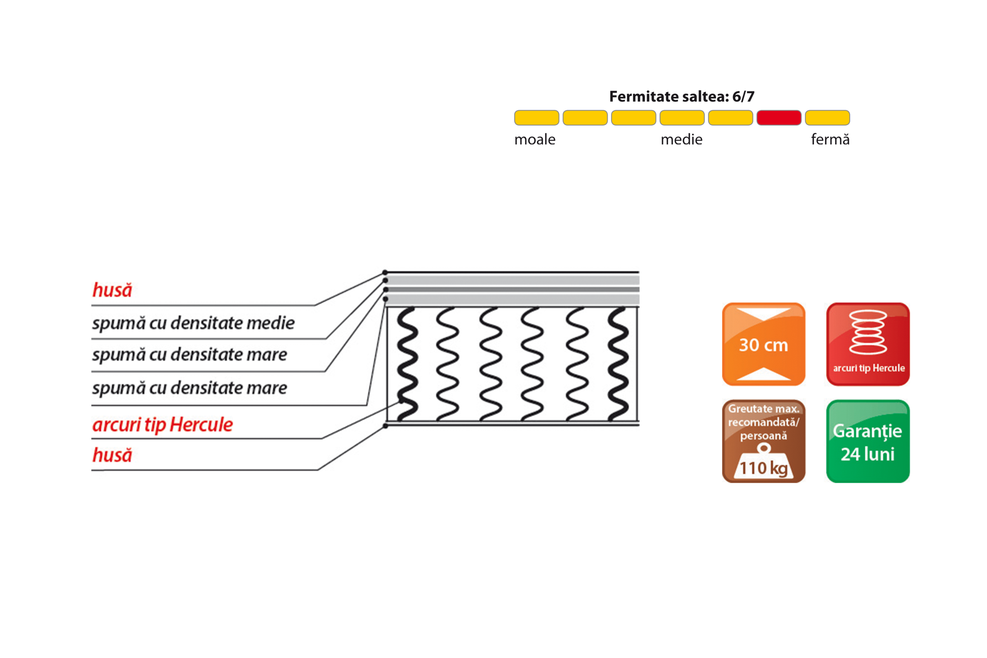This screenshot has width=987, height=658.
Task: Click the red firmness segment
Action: tap(779, 118)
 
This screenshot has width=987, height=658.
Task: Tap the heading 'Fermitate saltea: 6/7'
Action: tap(682, 96)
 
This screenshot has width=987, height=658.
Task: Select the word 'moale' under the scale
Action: tap(535, 139)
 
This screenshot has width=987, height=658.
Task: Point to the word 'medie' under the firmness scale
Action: tap(682, 139)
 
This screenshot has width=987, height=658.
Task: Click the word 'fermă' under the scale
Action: tap(830, 139)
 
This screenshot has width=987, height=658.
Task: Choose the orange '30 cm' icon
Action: tap(763, 344)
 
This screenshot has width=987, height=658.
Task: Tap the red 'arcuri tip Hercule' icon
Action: tap(868, 344)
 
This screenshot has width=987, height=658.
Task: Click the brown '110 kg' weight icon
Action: tap(763, 441)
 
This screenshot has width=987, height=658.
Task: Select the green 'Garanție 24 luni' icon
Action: tap(868, 441)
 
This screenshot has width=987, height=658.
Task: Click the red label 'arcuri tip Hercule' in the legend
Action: tap(162, 425)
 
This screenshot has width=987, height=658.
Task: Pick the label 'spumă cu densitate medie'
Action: tap(194, 323)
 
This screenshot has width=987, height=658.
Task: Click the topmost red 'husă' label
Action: tap(112, 290)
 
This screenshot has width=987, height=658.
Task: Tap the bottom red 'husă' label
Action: tap(112, 455)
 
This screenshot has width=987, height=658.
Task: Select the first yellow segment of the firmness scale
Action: tap(537, 118)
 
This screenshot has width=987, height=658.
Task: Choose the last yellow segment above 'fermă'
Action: tap(827, 118)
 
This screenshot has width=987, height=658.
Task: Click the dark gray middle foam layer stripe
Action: tap(512, 289)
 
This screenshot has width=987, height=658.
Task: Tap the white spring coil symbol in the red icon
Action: tap(868, 332)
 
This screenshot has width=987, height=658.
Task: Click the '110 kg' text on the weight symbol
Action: tap(763, 468)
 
